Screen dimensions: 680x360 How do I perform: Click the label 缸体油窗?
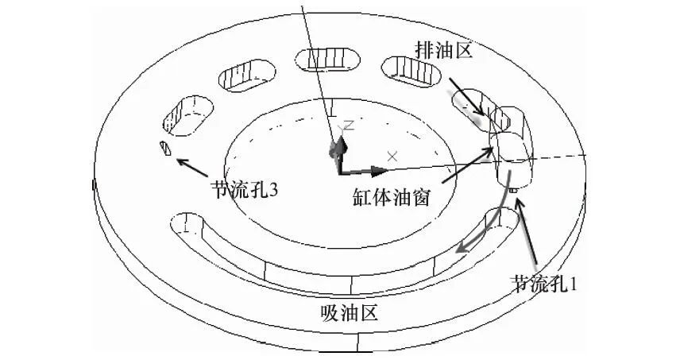[392, 196]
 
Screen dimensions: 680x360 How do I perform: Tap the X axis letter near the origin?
[391, 154]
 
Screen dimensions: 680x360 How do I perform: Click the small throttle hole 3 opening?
[165, 147]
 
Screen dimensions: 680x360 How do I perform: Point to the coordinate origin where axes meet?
[339, 170]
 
